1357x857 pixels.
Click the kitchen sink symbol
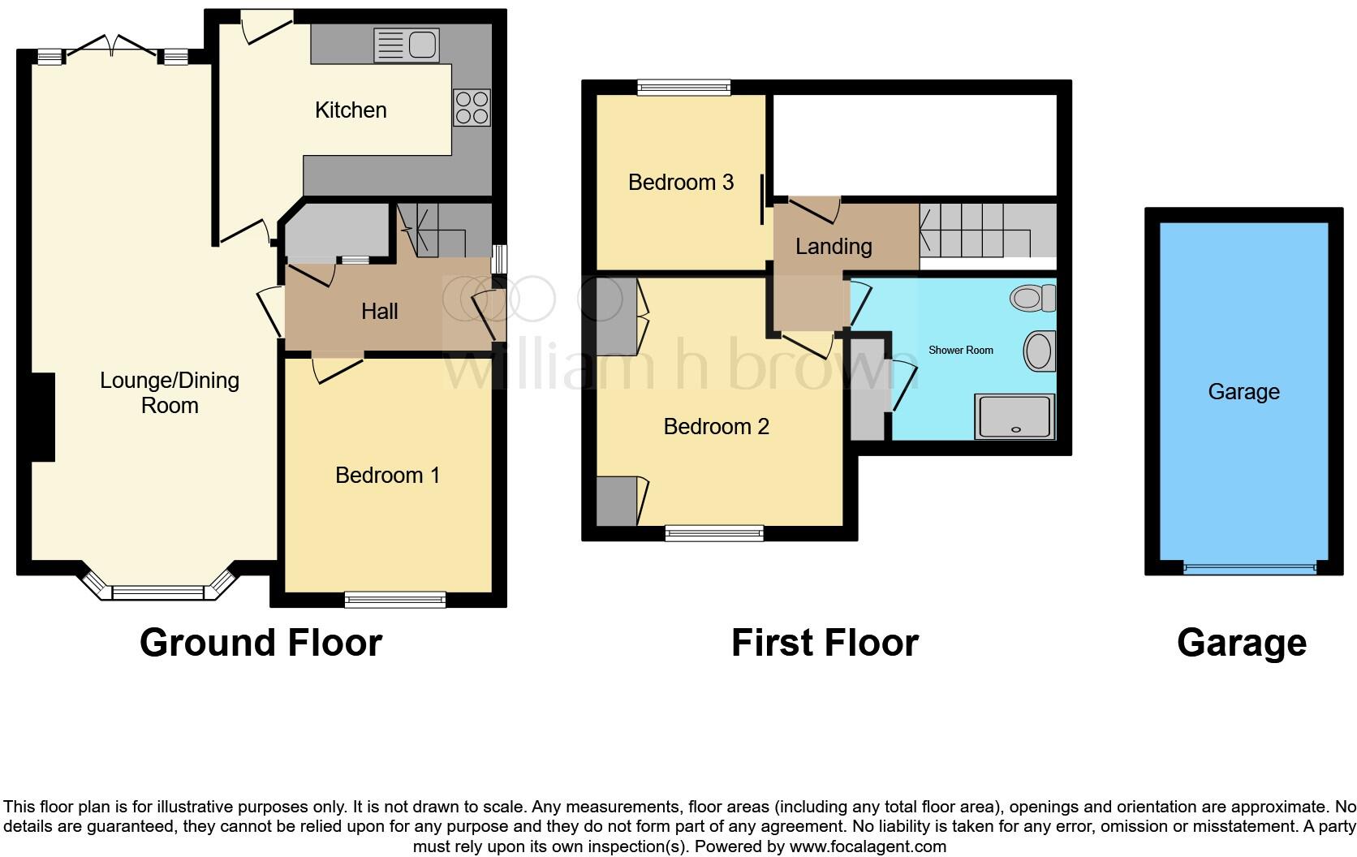406,45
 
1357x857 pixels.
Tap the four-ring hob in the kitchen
472,107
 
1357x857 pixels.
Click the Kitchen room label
351,110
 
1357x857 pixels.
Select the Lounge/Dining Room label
170,393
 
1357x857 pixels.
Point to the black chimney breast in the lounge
42,417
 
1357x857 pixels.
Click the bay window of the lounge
158,592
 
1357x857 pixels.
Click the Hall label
379,312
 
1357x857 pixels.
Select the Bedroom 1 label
387,476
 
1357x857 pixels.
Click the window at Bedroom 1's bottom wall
395,600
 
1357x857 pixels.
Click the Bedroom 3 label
680,183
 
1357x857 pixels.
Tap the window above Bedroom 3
683,87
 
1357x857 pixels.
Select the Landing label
834,247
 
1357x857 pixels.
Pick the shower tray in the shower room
1015,416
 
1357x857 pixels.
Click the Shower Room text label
960,351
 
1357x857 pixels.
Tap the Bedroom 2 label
716,427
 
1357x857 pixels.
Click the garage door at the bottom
1248,568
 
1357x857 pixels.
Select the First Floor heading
825,643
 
